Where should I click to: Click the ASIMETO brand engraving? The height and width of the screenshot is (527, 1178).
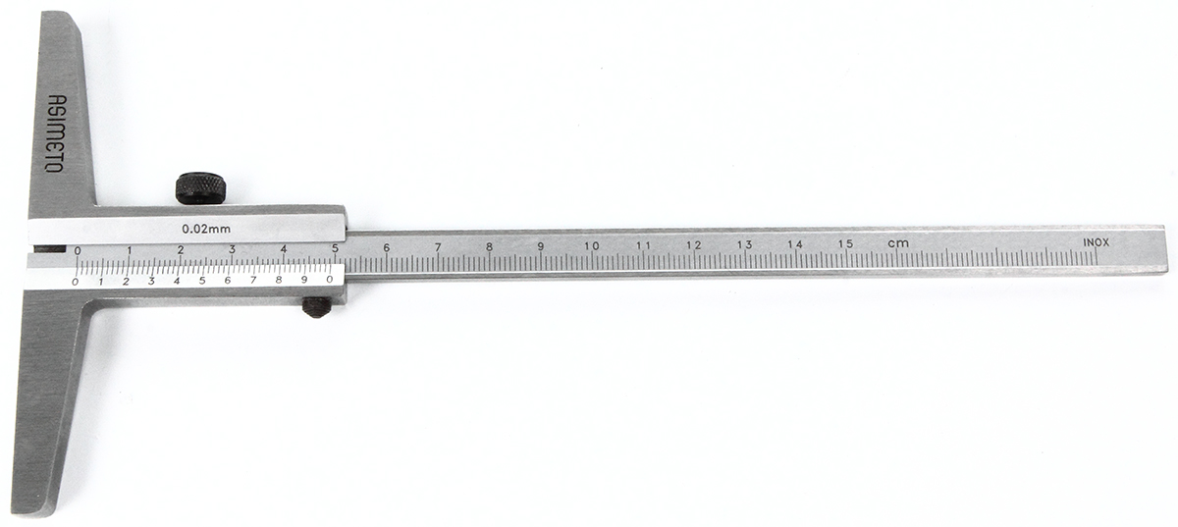(54, 133)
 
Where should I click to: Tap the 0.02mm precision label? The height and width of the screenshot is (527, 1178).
(206, 229)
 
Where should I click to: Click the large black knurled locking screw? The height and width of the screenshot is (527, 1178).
(200, 187)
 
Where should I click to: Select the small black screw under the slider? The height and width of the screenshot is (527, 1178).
(317, 307)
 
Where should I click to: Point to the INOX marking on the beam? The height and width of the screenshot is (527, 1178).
(1096, 242)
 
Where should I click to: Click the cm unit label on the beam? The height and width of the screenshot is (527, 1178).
(897, 243)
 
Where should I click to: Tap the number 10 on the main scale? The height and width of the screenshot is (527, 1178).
(592, 245)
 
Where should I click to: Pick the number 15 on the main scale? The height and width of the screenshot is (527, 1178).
(845, 244)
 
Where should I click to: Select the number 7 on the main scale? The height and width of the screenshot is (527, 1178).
(438, 246)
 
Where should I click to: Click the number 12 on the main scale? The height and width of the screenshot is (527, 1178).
(694, 245)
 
